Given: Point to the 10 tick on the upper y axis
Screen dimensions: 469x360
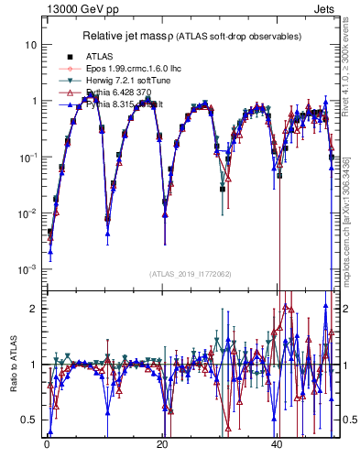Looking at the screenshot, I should pyautogui.click(x=30, y=45).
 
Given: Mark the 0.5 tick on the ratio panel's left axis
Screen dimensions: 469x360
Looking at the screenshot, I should pyautogui.click(x=32, y=420).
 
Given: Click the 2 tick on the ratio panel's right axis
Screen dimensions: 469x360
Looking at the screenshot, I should pyautogui.click(x=344, y=309).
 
